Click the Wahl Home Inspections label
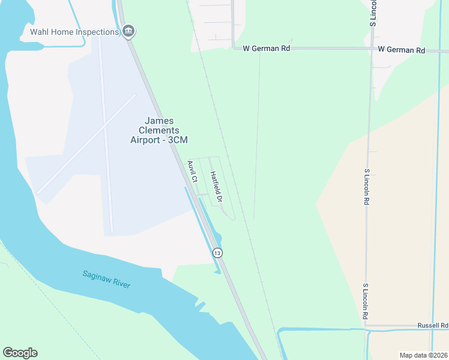tap(74, 32)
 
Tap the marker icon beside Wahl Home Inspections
tap(128, 31)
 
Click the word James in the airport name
tap(159, 121)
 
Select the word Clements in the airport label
tap(159, 130)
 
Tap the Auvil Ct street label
tap(192, 172)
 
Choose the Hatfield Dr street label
tap(217, 186)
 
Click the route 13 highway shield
tap(217, 253)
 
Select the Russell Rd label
tap(433, 325)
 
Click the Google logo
tap(20, 353)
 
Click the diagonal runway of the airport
tap(72, 156)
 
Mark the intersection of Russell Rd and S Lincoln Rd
tap(366, 326)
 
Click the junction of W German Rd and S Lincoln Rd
tap(372, 49)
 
